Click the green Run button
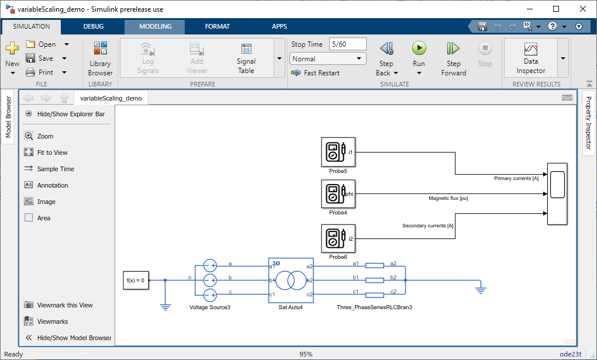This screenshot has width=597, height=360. click(419, 48)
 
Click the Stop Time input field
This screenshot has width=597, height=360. click(347, 44)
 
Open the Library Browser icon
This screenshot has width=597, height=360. click(101, 48)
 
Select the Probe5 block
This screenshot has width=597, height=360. click(338, 152)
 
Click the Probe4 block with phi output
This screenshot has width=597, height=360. click(338, 193)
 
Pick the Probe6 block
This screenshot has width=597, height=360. click(338, 238)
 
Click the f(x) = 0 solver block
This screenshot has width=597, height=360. click(136, 281)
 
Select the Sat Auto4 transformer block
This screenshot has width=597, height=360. click(291, 281)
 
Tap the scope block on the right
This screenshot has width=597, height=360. click(557, 194)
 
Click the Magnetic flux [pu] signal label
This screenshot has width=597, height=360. click(448, 198)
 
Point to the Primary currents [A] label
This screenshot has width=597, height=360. click(516, 178)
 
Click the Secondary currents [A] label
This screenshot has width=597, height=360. click(428, 226)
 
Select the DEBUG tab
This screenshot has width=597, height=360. click(94, 26)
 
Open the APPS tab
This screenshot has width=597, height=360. click(279, 26)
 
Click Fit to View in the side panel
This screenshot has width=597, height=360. click(52, 153)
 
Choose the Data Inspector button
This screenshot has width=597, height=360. click(531, 58)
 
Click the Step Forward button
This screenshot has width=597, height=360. click(454, 58)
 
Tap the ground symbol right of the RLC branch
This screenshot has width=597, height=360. click(481, 290)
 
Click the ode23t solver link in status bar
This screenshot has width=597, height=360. click(570, 354)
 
